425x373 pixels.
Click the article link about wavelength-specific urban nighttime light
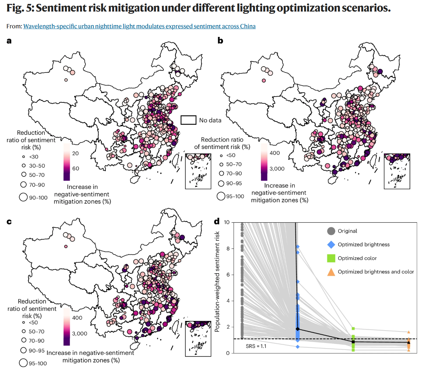[139, 26]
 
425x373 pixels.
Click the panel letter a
[9, 41]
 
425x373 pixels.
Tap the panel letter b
[220, 41]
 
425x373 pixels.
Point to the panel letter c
[9, 222]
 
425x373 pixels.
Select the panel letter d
[217, 221]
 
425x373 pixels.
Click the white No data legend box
[188, 120]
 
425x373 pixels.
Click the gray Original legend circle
[331, 231]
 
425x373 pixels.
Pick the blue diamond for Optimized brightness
[331, 244]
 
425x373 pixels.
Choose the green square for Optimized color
[331, 258]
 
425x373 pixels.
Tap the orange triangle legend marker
[331, 272]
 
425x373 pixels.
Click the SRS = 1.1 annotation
[256, 346]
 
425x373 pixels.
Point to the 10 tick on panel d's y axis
[227, 222]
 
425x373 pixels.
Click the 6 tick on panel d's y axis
[228, 274]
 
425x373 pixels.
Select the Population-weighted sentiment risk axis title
[217, 281]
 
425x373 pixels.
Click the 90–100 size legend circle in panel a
[23, 197]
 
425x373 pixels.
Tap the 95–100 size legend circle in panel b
[221, 196]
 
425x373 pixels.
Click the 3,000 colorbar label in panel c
[80, 333]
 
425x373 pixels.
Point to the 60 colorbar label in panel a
[76, 168]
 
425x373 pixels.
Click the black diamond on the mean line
[298, 329]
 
